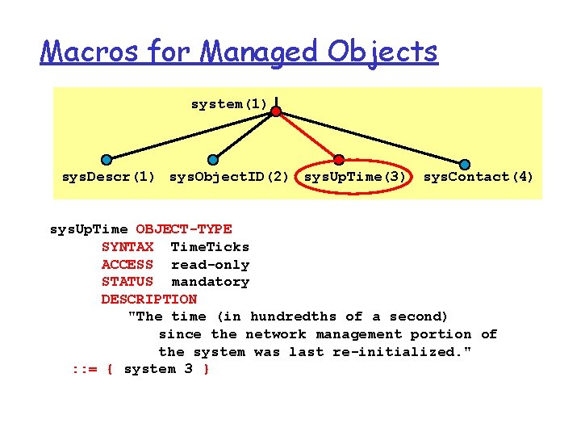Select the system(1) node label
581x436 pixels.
tap(229, 104)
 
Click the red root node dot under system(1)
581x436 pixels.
tap(276, 111)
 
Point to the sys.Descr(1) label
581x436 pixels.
tap(109, 177)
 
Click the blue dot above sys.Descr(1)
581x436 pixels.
tap(107, 160)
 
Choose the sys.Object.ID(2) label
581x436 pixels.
tap(229, 177)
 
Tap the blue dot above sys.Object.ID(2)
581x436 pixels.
tap(213, 160)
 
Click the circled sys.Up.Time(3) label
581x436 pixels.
tap(355, 177)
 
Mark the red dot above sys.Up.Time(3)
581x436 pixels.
tap(339, 160)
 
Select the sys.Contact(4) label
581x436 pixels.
tap(479, 177)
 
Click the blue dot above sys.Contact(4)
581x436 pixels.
tap(465, 165)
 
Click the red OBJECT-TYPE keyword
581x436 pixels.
tap(184, 229)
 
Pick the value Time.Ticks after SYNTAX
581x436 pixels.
tap(210, 247)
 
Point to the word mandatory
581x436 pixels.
tap(210, 282)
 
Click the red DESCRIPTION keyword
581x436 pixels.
tap(148, 300)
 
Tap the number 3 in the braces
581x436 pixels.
tap(188, 369)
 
